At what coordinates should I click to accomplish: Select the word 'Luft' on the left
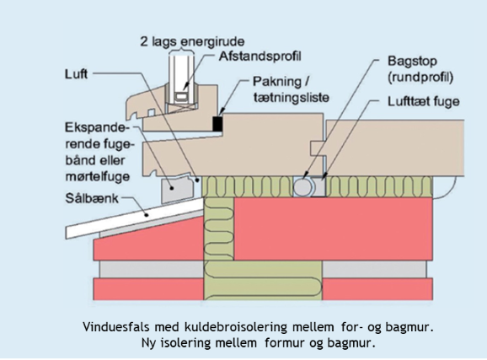point(77,73)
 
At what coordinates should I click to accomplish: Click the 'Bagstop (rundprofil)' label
point(419,70)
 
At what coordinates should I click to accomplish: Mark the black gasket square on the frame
point(217,124)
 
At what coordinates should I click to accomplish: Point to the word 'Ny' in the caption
point(150,342)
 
